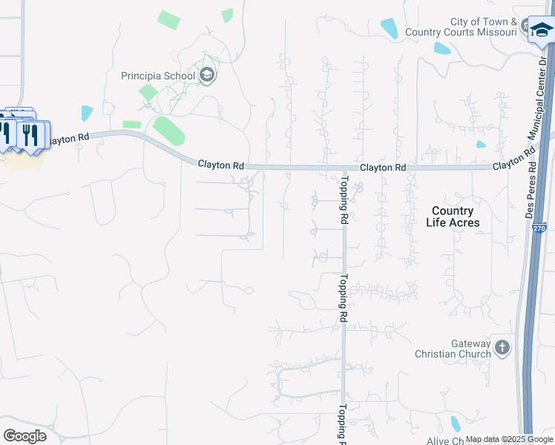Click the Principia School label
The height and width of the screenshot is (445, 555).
point(158,76)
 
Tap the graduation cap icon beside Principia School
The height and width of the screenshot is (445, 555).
point(207,75)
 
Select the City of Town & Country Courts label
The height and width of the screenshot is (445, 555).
point(484,27)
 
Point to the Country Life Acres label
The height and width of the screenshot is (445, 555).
point(452,217)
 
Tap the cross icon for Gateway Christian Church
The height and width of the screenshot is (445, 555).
point(502,347)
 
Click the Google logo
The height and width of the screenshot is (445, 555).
point(24,435)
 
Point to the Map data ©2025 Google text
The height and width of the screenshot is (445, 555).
point(509,440)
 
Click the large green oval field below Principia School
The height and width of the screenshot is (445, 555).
point(169,132)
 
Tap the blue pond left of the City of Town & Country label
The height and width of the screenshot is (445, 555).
point(389,28)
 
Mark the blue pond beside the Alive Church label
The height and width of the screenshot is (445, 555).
point(456,423)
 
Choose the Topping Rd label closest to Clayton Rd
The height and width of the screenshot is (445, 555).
point(344,200)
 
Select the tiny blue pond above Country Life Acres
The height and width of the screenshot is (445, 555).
point(481,144)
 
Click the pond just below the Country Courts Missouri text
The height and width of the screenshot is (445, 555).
point(442,49)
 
